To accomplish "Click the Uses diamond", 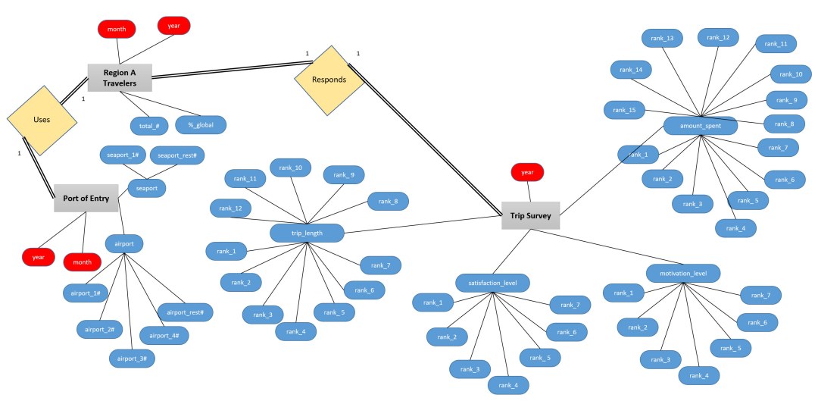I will (x=42, y=120).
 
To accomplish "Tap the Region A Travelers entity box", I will (x=119, y=77).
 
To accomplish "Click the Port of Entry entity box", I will (x=86, y=199).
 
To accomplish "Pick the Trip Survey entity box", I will (x=530, y=216).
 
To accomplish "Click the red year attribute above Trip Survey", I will (x=527, y=173).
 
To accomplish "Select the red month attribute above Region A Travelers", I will (x=116, y=29).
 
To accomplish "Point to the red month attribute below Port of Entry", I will (x=82, y=262).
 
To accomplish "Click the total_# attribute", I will (x=149, y=124).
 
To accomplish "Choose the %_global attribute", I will (x=201, y=124).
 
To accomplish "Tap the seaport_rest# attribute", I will (x=177, y=155).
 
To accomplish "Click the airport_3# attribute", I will (x=133, y=357).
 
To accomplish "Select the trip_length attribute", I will (x=307, y=233).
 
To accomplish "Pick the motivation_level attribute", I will (x=682, y=272).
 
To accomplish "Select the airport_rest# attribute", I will (x=185, y=312).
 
